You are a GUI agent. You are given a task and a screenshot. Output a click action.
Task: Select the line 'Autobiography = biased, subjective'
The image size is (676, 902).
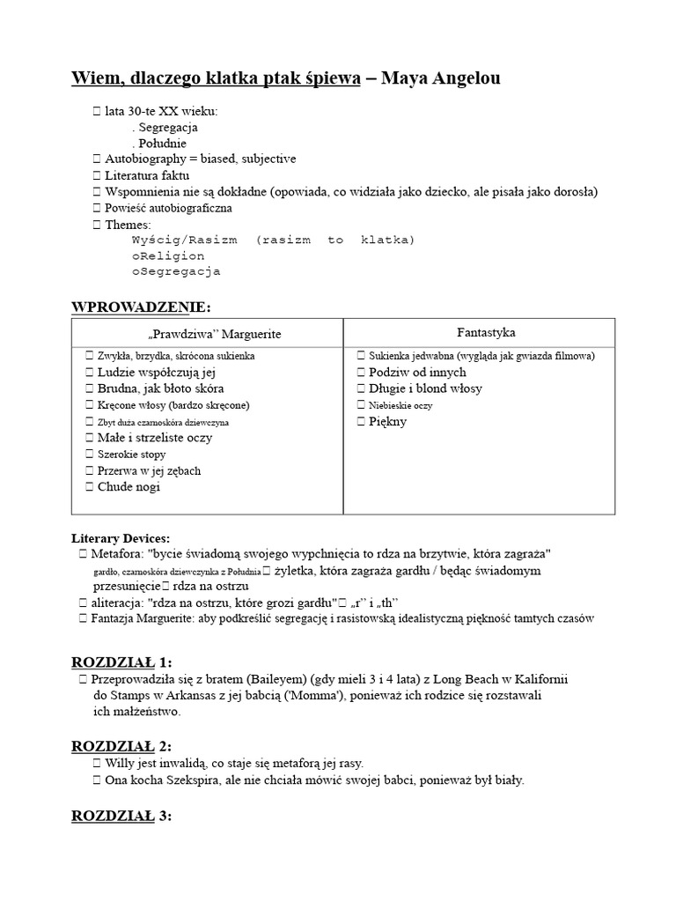point(201,159)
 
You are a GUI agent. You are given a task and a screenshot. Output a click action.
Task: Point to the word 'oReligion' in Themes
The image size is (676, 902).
point(169,255)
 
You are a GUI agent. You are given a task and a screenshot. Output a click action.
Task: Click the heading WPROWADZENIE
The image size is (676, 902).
point(140,307)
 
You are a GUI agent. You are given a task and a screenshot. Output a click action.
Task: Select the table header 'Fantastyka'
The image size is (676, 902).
point(486,332)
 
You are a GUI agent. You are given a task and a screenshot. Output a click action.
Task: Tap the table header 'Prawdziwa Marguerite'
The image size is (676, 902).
point(209,334)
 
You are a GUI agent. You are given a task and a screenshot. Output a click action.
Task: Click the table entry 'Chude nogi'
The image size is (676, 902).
point(129,486)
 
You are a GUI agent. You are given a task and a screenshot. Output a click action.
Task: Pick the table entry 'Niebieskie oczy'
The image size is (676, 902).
point(400,405)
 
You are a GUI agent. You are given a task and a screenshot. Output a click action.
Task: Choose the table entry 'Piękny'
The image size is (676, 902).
point(388,421)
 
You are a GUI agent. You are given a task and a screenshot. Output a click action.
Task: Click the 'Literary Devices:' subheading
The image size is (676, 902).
point(121,537)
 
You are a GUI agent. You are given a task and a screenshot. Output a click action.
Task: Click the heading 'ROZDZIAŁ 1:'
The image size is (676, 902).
point(122,662)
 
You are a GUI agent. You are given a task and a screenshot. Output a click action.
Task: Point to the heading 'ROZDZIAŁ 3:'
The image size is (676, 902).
point(122,815)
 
